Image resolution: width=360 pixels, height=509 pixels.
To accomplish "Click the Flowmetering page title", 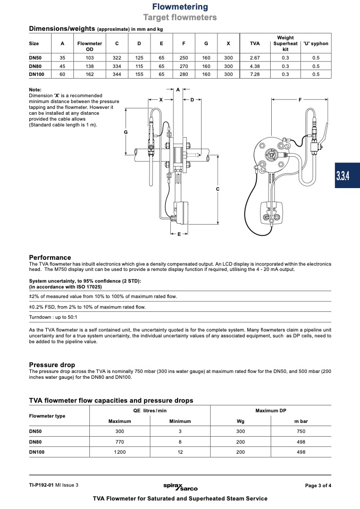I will click(x=180, y=7).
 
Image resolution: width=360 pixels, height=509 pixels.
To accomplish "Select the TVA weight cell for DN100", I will click(x=254, y=74).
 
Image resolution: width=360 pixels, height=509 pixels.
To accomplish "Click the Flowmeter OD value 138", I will click(x=89, y=66).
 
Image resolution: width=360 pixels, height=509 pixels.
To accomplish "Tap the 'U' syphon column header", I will click(x=316, y=43).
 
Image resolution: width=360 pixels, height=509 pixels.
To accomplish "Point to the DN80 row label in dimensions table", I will click(x=35, y=66).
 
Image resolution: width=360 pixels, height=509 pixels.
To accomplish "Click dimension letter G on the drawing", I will click(x=126, y=132).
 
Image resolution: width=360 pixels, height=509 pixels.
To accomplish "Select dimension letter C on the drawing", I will click(x=218, y=189).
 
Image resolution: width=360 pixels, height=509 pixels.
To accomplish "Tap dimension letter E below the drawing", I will click(x=179, y=234).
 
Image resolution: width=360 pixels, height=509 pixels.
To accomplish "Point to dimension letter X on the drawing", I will click(x=161, y=99).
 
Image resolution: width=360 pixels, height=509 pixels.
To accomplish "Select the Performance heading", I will click(x=49, y=257).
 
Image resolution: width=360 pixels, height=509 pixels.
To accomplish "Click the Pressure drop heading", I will click(x=52, y=365).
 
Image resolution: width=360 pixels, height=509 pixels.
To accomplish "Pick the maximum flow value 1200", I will click(x=120, y=452).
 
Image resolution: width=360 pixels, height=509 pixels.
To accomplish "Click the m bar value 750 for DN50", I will click(x=301, y=431).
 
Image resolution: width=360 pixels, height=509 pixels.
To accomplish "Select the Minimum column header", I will click(x=180, y=421).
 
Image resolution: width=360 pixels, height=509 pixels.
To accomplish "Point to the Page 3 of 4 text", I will click(x=318, y=485).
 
